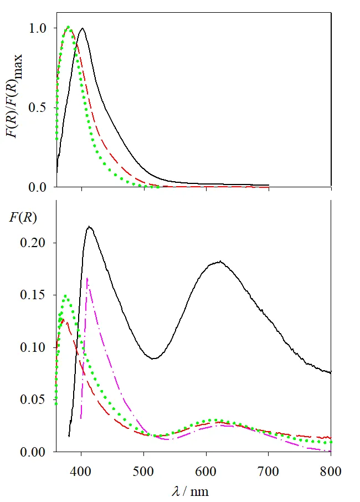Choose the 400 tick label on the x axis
coord(81,472)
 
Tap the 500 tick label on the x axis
coord(144,472)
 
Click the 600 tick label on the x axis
coord(206,472)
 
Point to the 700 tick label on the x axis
coord(269,472)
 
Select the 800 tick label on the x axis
coord(331,472)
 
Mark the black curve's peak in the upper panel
coord(83,28)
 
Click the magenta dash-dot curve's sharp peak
coord(88,278)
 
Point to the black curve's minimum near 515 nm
coord(155,358)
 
